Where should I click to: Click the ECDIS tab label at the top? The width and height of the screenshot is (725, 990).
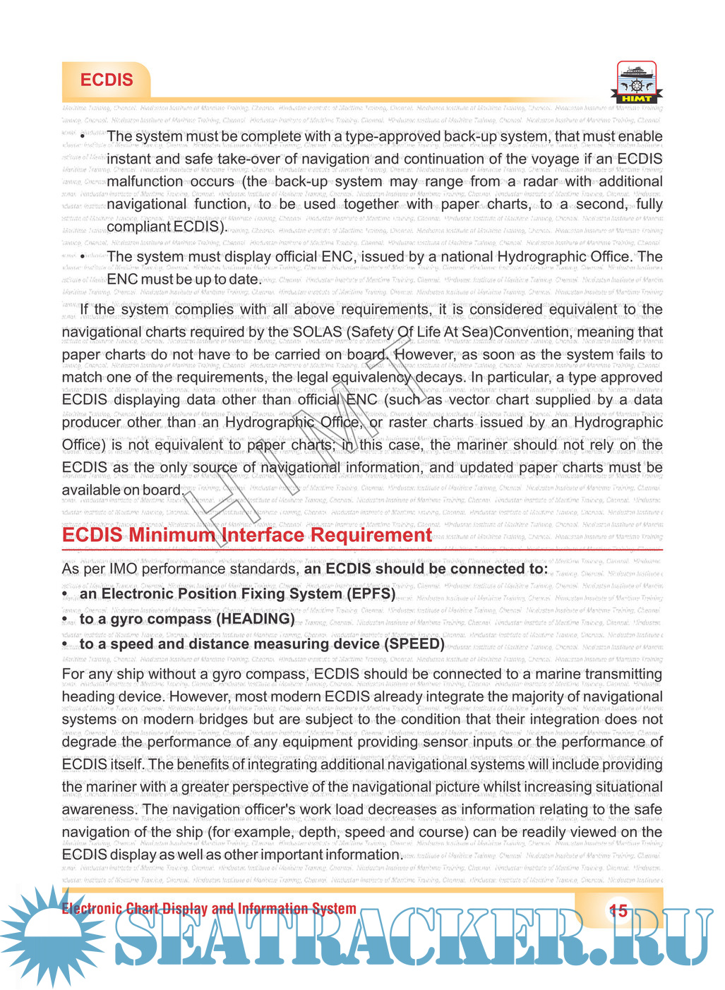[x=107, y=80]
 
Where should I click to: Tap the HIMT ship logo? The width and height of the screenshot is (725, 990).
[x=636, y=82]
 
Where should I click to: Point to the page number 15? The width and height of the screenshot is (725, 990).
[x=618, y=911]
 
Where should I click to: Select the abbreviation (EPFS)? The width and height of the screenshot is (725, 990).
[x=371, y=593]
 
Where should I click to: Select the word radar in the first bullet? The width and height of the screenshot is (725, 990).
[x=539, y=181]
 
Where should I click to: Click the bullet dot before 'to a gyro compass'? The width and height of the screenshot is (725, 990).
[x=65, y=620]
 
